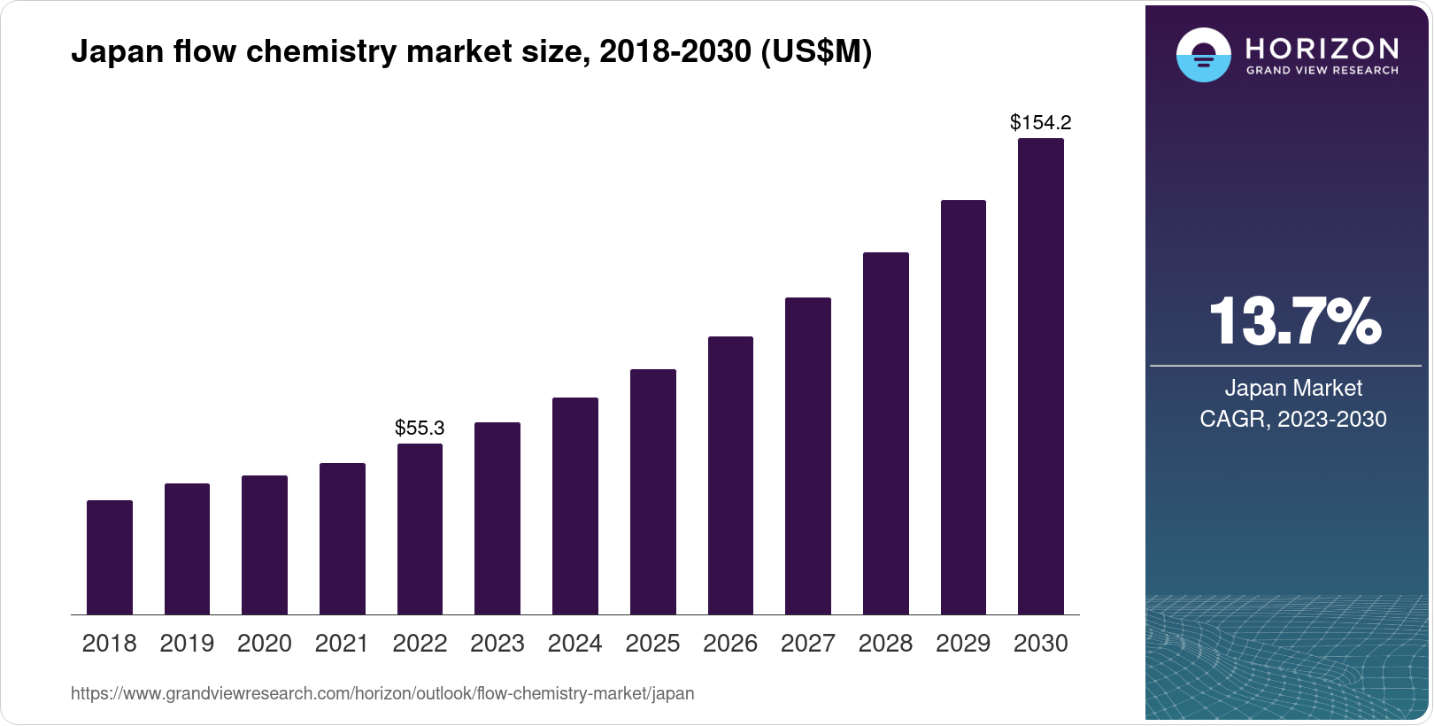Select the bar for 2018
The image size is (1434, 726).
[x=110, y=557]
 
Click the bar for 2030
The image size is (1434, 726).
[x=1040, y=376]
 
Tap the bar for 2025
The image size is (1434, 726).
[x=652, y=491]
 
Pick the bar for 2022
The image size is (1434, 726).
[x=420, y=529]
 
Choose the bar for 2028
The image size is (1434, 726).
[x=885, y=433]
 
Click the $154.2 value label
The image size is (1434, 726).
[x=1040, y=122]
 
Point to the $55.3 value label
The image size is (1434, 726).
[x=420, y=428]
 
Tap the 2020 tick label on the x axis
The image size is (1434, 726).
[x=264, y=643]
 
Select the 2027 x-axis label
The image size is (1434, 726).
[x=807, y=643]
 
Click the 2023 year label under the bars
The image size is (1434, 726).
[x=497, y=643]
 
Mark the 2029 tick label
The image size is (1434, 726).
[x=962, y=643]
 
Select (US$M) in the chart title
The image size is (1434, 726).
[x=816, y=51]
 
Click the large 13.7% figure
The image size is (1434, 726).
[x=1293, y=321]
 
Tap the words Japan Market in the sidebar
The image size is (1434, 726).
[x=1293, y=388]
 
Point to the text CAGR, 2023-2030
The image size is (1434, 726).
[x=1293, y=419]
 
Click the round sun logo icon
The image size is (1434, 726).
[x=1203, y=55]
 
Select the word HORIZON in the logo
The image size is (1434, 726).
[x=1322, y=48]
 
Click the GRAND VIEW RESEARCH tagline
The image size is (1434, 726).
[x=1322, y=71]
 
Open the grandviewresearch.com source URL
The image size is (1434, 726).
[x=382, y=693]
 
